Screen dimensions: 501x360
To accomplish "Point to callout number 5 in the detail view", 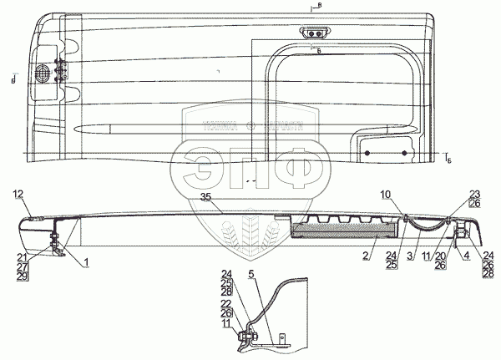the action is [252, 274].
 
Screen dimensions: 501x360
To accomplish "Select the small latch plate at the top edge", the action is [315, 32].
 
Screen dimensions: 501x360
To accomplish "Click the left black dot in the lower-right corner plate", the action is [367, 153].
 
